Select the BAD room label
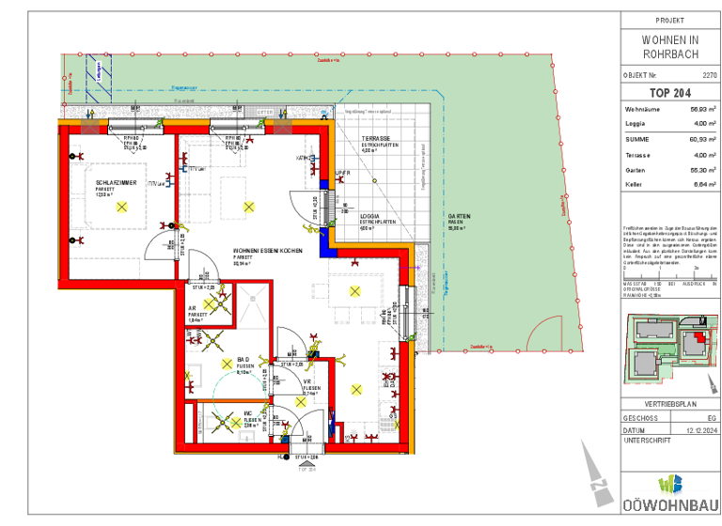[x=243, y=360]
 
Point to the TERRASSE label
[x=376, y=139]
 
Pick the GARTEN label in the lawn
[x=458, y=215]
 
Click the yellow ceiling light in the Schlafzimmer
[x=121, y=209]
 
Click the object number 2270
[x=696, y=74]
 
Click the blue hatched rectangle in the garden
[x=96, y=76]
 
